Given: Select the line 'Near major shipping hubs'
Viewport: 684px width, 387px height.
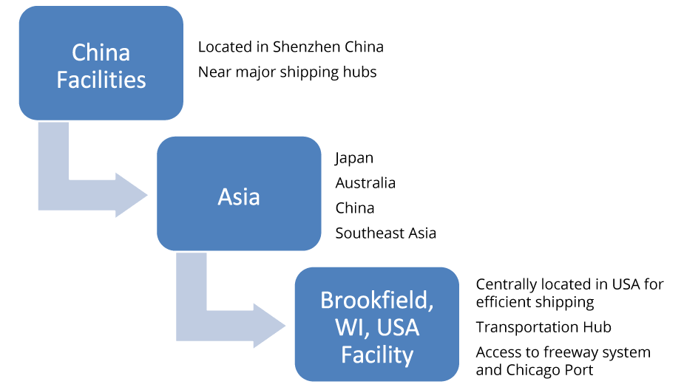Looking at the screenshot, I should (287, 72).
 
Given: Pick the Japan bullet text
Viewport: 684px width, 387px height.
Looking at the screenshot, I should (354, 158).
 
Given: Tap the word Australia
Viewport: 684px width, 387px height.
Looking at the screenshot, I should (365, 183).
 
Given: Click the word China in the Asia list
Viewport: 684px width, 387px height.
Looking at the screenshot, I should (355, 208).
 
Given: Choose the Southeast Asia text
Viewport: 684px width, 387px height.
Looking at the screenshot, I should (385, 233).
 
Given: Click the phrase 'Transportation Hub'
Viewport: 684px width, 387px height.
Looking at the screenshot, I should (544, 327).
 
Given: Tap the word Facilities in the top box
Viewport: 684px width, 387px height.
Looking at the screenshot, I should (101, 79).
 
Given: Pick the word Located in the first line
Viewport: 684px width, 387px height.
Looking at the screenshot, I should (223, 47).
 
